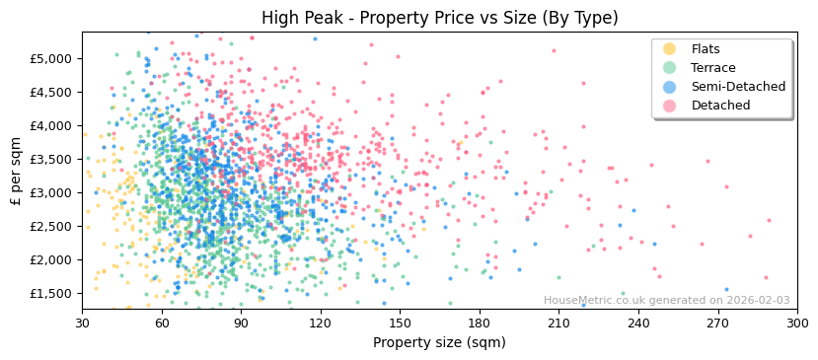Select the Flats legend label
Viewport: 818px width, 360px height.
pos(705,49)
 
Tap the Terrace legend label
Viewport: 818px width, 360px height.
pos(712,68)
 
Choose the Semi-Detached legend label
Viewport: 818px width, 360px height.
pos(738,87)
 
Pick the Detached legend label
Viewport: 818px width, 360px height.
pos(720,106)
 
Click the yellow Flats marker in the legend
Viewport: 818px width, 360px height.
pos(670,49)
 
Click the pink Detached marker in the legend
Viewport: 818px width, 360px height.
pos(670,106)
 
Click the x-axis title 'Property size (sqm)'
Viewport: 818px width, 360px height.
pos(439,342)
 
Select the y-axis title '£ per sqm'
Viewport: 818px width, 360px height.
pos(16,171)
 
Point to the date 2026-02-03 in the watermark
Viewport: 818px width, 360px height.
pos(758,301)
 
